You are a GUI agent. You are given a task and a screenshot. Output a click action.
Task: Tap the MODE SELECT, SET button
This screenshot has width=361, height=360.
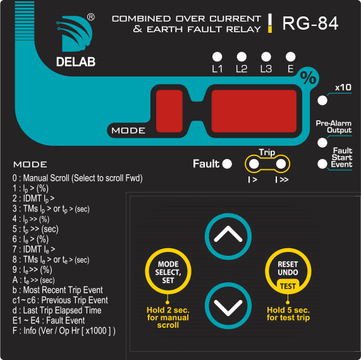click(168, 272)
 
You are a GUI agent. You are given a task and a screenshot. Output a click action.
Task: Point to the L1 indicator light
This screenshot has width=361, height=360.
click(217, 57)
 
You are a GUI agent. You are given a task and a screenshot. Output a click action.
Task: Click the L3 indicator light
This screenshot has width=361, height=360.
click(266, 57)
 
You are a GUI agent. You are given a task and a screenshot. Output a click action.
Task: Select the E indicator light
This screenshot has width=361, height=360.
click(291, 57)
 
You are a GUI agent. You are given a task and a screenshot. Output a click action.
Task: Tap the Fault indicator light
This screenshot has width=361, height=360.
click(227, 164)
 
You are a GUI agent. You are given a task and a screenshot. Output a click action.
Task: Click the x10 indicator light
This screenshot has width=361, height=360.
click(322, 100)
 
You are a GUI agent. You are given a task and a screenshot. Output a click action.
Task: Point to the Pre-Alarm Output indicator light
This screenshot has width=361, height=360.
click(322, 143)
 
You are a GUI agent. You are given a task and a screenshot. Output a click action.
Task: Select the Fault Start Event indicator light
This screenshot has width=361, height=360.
click(322, 164)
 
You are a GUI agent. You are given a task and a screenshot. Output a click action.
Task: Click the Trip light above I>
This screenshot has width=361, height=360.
click(254, 164)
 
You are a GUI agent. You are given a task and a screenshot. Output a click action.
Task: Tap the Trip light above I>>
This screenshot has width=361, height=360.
click(281, 164)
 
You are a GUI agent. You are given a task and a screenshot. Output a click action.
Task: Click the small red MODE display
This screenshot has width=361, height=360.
click(169, 111)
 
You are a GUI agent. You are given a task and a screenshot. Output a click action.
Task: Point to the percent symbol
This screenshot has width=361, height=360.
click(308, 78)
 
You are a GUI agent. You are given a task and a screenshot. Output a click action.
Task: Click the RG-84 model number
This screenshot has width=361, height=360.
click(310, 23)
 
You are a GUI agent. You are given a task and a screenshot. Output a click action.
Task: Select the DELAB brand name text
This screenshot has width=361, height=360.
click(76, 62)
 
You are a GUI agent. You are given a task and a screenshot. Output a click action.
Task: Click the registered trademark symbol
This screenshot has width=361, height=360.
click(90, 17)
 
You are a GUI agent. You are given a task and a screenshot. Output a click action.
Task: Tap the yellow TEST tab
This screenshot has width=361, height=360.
click(288, 286)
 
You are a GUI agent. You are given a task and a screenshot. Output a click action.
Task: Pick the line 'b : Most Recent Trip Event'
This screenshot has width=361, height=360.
click(58, 290)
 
